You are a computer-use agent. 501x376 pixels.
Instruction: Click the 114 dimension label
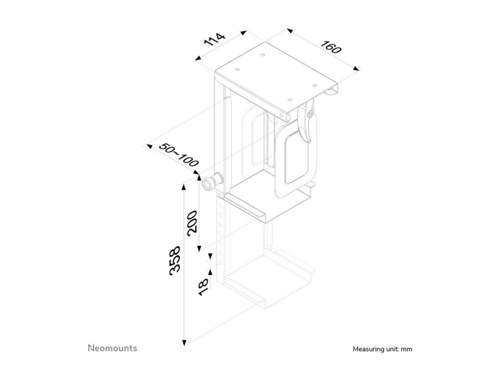(215, 39)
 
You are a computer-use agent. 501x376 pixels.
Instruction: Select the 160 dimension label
(331, 47)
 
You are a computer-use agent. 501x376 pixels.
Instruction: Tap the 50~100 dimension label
(179, 155)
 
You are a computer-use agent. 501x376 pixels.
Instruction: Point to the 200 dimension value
(192, 223)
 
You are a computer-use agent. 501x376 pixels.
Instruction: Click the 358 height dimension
(175, 260)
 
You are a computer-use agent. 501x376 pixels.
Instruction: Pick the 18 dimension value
(203, 287)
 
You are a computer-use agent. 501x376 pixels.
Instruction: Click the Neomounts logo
(112, 348)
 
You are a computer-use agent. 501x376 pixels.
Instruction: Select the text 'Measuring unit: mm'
(382, 349)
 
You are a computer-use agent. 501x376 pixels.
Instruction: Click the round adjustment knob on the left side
(212, 182)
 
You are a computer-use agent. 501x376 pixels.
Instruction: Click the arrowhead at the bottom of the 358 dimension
(184, 343)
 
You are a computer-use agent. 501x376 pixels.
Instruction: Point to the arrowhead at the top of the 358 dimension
(184, 187)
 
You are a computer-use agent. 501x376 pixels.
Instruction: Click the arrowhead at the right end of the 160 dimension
(356, 68)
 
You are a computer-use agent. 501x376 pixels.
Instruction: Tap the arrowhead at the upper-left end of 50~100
(149, 146)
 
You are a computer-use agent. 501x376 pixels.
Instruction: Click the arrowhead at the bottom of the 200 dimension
(199, 248)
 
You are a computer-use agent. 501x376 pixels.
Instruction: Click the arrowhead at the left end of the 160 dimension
(290, 31)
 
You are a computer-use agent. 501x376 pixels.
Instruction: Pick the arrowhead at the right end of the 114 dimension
(244, 33)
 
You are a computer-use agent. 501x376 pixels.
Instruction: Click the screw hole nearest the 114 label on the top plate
(237, 69)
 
